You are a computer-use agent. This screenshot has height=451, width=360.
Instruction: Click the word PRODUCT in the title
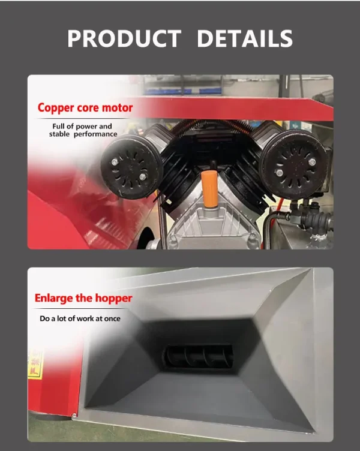[x=124, y=38]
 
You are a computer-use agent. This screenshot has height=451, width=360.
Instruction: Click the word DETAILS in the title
[x=245, y=38]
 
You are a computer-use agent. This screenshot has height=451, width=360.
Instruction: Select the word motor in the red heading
[x=118, y=108]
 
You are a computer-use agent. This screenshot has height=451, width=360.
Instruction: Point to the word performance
[x=95, y=134]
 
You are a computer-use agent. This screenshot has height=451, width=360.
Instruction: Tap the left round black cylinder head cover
[x=131, y=167]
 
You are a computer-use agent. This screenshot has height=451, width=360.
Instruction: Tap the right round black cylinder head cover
[x=295, y=165]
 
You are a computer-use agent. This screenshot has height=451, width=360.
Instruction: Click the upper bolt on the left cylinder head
[x=115, y=162]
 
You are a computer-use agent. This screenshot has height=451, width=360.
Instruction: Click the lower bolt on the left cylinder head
[x=142, y=176]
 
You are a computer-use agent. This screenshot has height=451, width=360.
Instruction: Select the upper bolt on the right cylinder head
[x=312, y=161]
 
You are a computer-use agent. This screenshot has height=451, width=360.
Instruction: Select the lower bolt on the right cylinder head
[x=279, y=173]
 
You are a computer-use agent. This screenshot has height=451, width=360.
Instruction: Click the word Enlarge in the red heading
[x=54, y=298]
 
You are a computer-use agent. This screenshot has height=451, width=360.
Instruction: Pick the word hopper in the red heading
[x=113, y=299]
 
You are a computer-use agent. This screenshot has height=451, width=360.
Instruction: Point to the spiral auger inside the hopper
[x=198, y=356]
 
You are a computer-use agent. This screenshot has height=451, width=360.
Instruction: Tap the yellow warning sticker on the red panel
[x=35, y=363]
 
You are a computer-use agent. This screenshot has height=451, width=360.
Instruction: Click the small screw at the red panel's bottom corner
[x=74, y=415]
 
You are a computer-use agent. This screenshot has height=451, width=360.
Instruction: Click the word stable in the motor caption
[x=59, y=134]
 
